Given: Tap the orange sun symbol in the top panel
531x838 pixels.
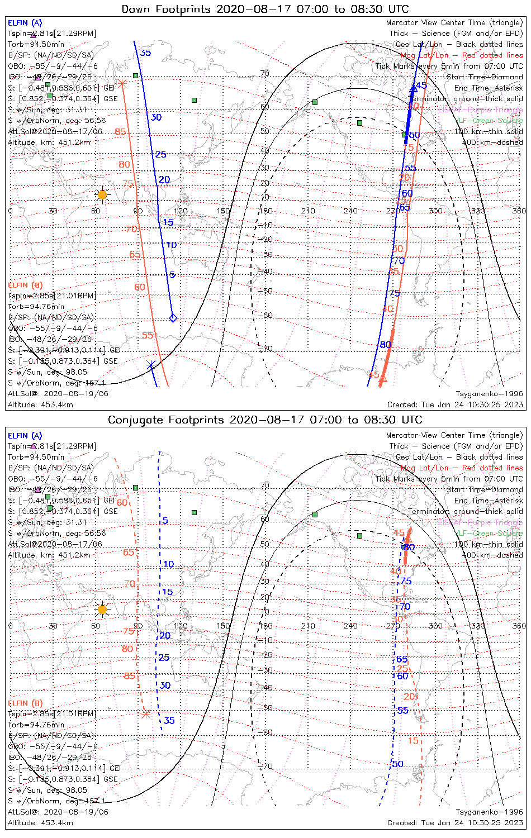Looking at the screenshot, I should coord(102,195).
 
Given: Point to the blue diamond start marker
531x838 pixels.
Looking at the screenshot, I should coord(173,318).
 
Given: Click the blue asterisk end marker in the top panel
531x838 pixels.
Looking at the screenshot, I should coord(151,365).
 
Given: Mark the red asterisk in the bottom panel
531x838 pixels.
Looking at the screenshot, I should coord(146,713).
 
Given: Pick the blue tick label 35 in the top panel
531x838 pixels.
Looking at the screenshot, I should coord(145,53).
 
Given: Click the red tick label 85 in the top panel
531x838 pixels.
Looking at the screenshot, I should coord(120,132).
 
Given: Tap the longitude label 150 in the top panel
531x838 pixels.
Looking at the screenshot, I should coord(223,211).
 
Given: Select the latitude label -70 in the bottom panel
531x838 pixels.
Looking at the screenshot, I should coord(265,766).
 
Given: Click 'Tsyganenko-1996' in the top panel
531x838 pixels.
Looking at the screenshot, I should coord(489,394).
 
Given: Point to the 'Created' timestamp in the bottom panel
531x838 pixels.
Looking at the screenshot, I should coord(455,823).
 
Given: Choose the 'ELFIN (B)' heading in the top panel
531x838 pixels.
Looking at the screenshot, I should coord(25,285).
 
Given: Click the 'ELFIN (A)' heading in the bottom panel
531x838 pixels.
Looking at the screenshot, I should coord(25,436).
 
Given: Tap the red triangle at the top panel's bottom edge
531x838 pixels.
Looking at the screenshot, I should coord(383,381).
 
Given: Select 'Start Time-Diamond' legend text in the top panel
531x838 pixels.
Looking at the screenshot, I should coord(485,77).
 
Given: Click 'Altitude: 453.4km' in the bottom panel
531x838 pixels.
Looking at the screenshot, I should coord(40,823).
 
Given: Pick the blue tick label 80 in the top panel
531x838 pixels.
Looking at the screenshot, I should coord(386,345).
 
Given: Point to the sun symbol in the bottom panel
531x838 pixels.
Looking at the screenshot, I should coord(102,609).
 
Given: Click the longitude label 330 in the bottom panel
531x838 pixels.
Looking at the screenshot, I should coord(477,626).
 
